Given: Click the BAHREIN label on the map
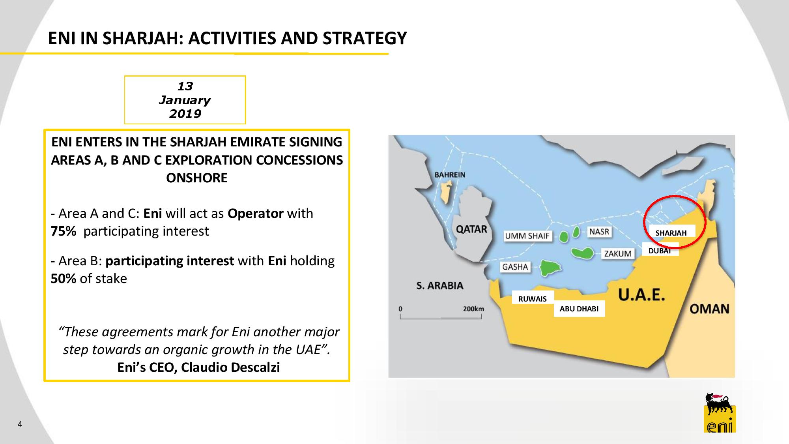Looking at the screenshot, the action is [x=450, y=175].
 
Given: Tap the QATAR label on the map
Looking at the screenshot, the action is [x=471, y=229].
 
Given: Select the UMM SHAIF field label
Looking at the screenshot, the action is [x=527, y=236].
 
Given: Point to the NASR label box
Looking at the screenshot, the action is [x=599, y=232].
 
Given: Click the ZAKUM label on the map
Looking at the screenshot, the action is [x=618, y=254].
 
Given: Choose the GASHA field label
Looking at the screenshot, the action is [x=515, y=267].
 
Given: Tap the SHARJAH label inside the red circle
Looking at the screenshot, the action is [x=671, y=233].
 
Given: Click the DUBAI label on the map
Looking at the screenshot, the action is [x=660, y=251].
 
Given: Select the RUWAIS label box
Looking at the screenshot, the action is [x=533, y=299].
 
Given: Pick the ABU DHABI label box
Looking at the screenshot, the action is [x=579, y=309].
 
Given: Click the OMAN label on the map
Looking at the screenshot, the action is [x=709, y=309].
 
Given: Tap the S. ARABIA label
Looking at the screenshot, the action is [x=440, y=285].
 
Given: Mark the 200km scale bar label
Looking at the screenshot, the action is [x=473, y=309].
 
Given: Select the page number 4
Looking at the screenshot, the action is [x=20, y=425].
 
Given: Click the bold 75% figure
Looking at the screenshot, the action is [x=64, y=231].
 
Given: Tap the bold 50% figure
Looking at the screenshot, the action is [x=64, y=279].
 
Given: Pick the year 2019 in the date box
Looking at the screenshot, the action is [x=185, y=114].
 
